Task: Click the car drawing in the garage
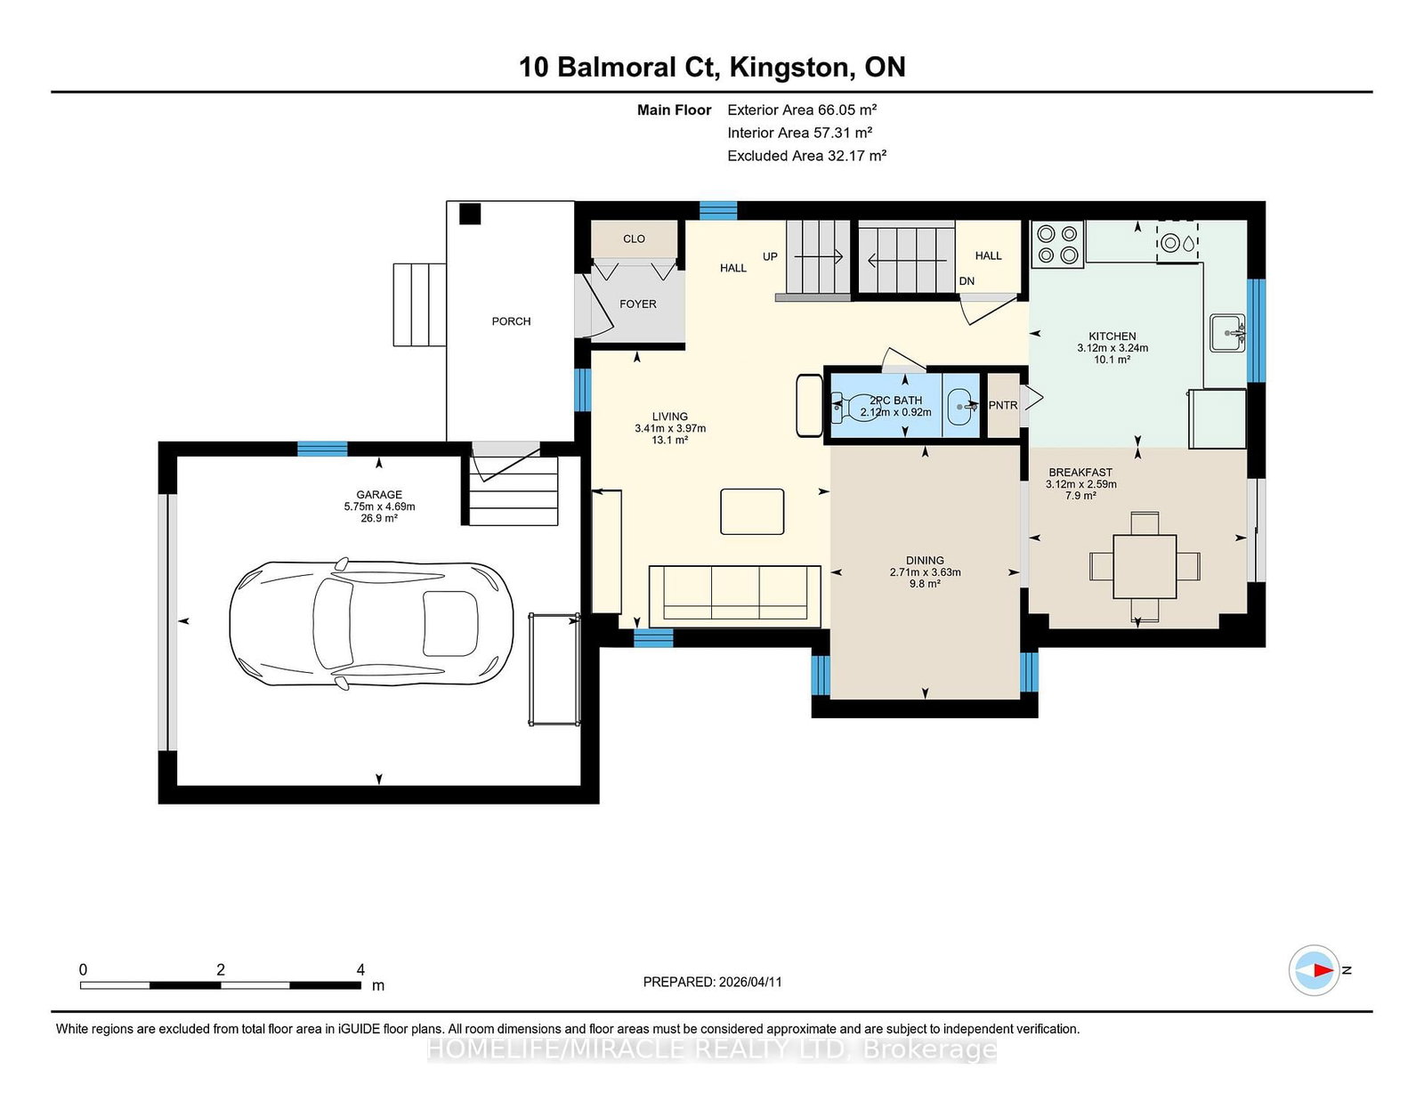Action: (x=371, y=625)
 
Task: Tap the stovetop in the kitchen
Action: (x=1057, y=245)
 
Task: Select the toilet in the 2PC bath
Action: (x=854, y=407)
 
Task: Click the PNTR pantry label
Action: (x=1003, y=406)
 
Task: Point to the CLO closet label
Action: (x=634, y=239)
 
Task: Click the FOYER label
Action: (x=637, y=304)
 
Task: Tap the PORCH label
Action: (x=511, y=321)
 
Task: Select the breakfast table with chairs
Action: (x=1145, y=566)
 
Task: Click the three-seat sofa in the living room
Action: (x=734, y=595)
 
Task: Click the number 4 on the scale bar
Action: (x=360, y=970)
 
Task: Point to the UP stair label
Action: (x=770, y=257)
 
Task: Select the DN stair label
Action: (x=967, y=281)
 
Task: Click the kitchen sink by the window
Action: (x=1227, y=333)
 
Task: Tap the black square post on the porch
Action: (x=470, y=215)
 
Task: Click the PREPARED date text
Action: (x=712, y=982)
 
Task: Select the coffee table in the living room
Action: (x=752, y=512)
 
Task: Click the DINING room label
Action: (x=925, y=561)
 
